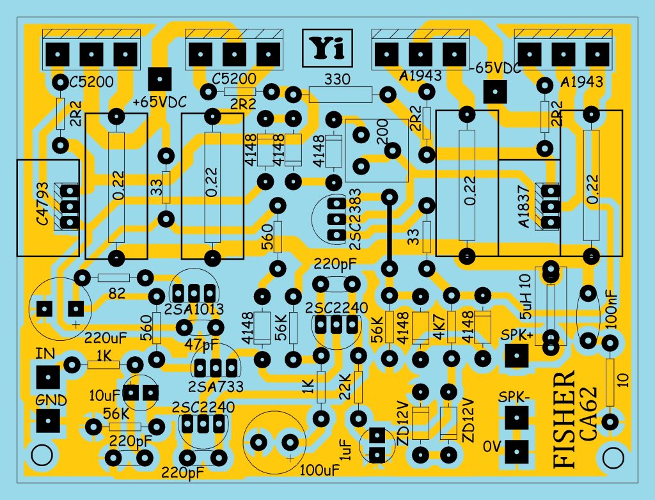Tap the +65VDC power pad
[159, 79]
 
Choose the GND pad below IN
[47, 421]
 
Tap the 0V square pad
[517, 450]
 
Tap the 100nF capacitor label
[612, 309]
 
